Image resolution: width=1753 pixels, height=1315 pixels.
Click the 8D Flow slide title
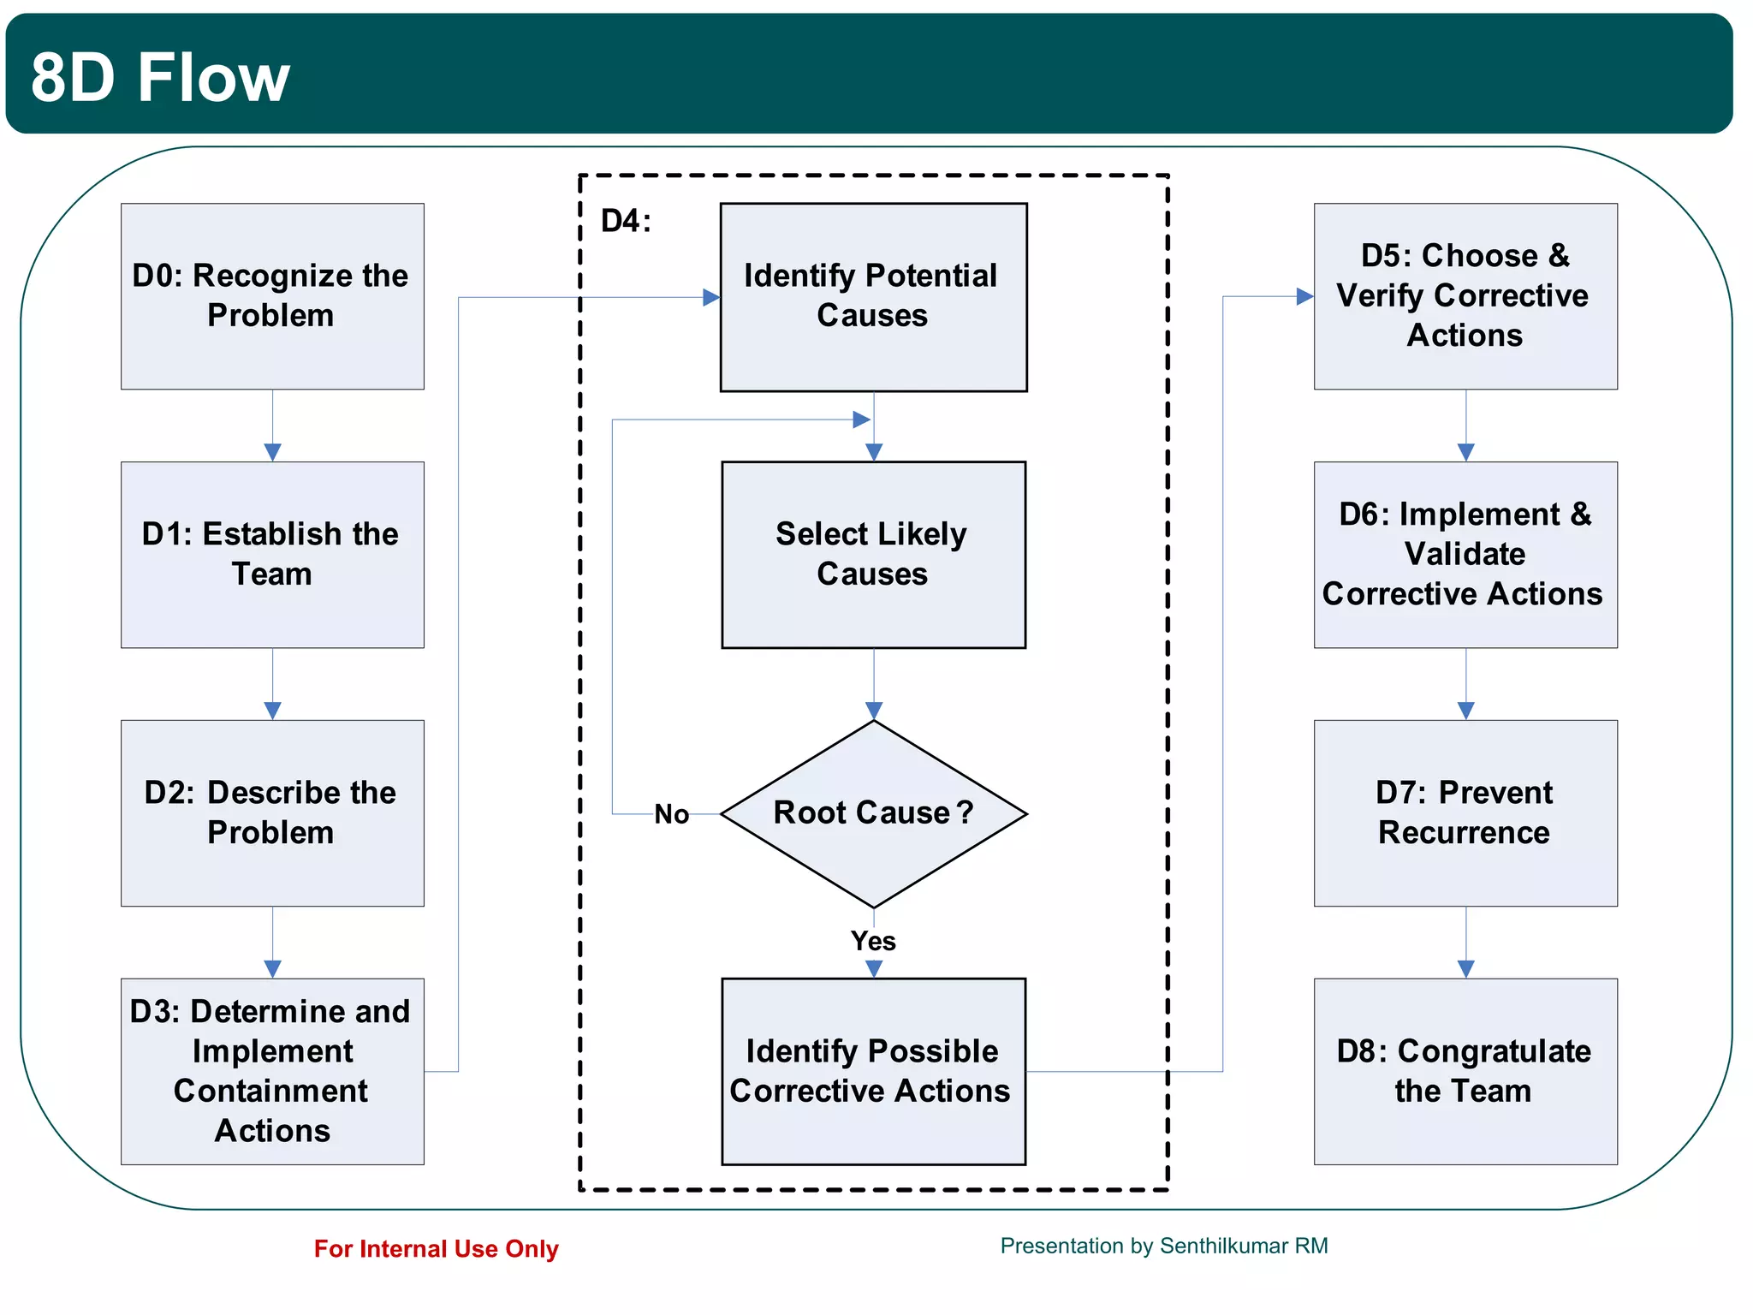pos(160,77)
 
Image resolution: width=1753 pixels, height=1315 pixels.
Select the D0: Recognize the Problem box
pos(272,296)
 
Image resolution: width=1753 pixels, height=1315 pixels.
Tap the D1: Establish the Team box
pos(272,555)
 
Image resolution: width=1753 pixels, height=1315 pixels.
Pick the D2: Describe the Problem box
pos(272,813)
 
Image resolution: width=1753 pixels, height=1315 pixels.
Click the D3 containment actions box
pos(272,1071)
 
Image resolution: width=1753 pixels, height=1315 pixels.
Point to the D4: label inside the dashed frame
pos(626,221)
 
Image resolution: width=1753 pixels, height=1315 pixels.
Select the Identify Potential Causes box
pos(873,297)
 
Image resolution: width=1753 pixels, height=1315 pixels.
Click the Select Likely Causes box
pos(873,555)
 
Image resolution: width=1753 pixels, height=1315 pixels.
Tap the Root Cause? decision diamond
pos(873,813)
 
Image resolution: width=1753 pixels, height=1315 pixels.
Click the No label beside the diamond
pos(672,814)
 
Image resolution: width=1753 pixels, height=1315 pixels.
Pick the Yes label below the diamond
pos(873,941)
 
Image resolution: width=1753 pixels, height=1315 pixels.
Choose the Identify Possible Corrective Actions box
pos(873,1071)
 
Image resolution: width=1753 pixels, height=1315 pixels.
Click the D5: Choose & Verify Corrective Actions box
pos(1465,296)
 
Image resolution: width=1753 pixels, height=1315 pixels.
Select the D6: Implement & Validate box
pos(1465,555)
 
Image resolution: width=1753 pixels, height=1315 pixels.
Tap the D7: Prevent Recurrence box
pos(1465,813)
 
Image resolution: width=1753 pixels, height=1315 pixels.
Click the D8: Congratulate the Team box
pos(1465,1071)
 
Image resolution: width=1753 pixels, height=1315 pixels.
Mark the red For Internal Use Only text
pos(436,1249)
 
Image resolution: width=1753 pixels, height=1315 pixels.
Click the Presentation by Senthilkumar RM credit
pos(1164,1246)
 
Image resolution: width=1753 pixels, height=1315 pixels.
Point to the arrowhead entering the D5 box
pos(1304,296)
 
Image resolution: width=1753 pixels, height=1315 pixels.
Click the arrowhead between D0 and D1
pos(272,452)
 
